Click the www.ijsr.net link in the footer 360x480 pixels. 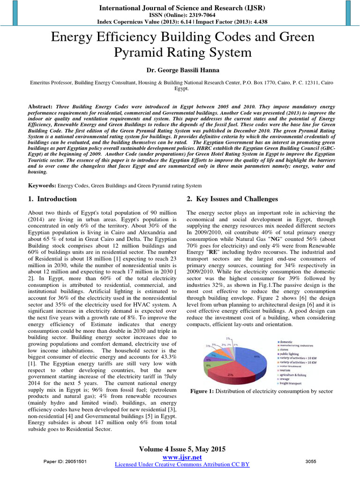coord(182,457)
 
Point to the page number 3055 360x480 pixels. coord(311,462)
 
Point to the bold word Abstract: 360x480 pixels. coord(40,106)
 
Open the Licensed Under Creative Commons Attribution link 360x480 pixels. coord(182,465)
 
